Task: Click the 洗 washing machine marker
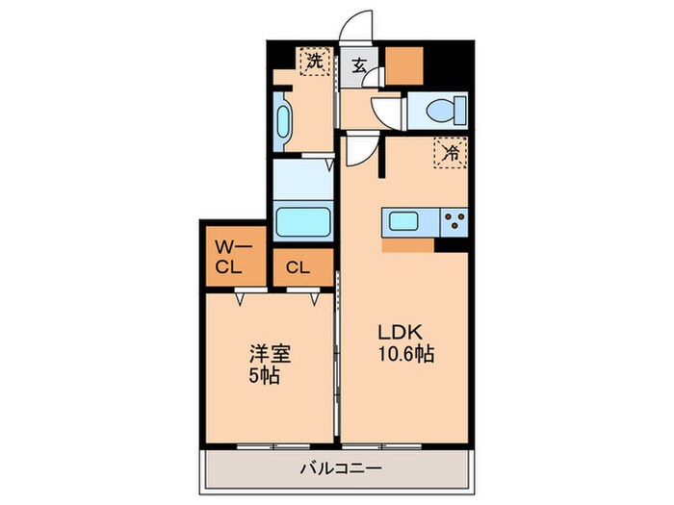tap(314, 63)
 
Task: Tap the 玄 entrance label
tap(358, 65)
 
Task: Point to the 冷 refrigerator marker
tap(449, 151)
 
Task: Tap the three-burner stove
tap(454, 221)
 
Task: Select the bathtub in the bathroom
tap(304, 220)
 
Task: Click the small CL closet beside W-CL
tap(297, 267)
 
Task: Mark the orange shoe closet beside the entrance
tap(404, 65)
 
